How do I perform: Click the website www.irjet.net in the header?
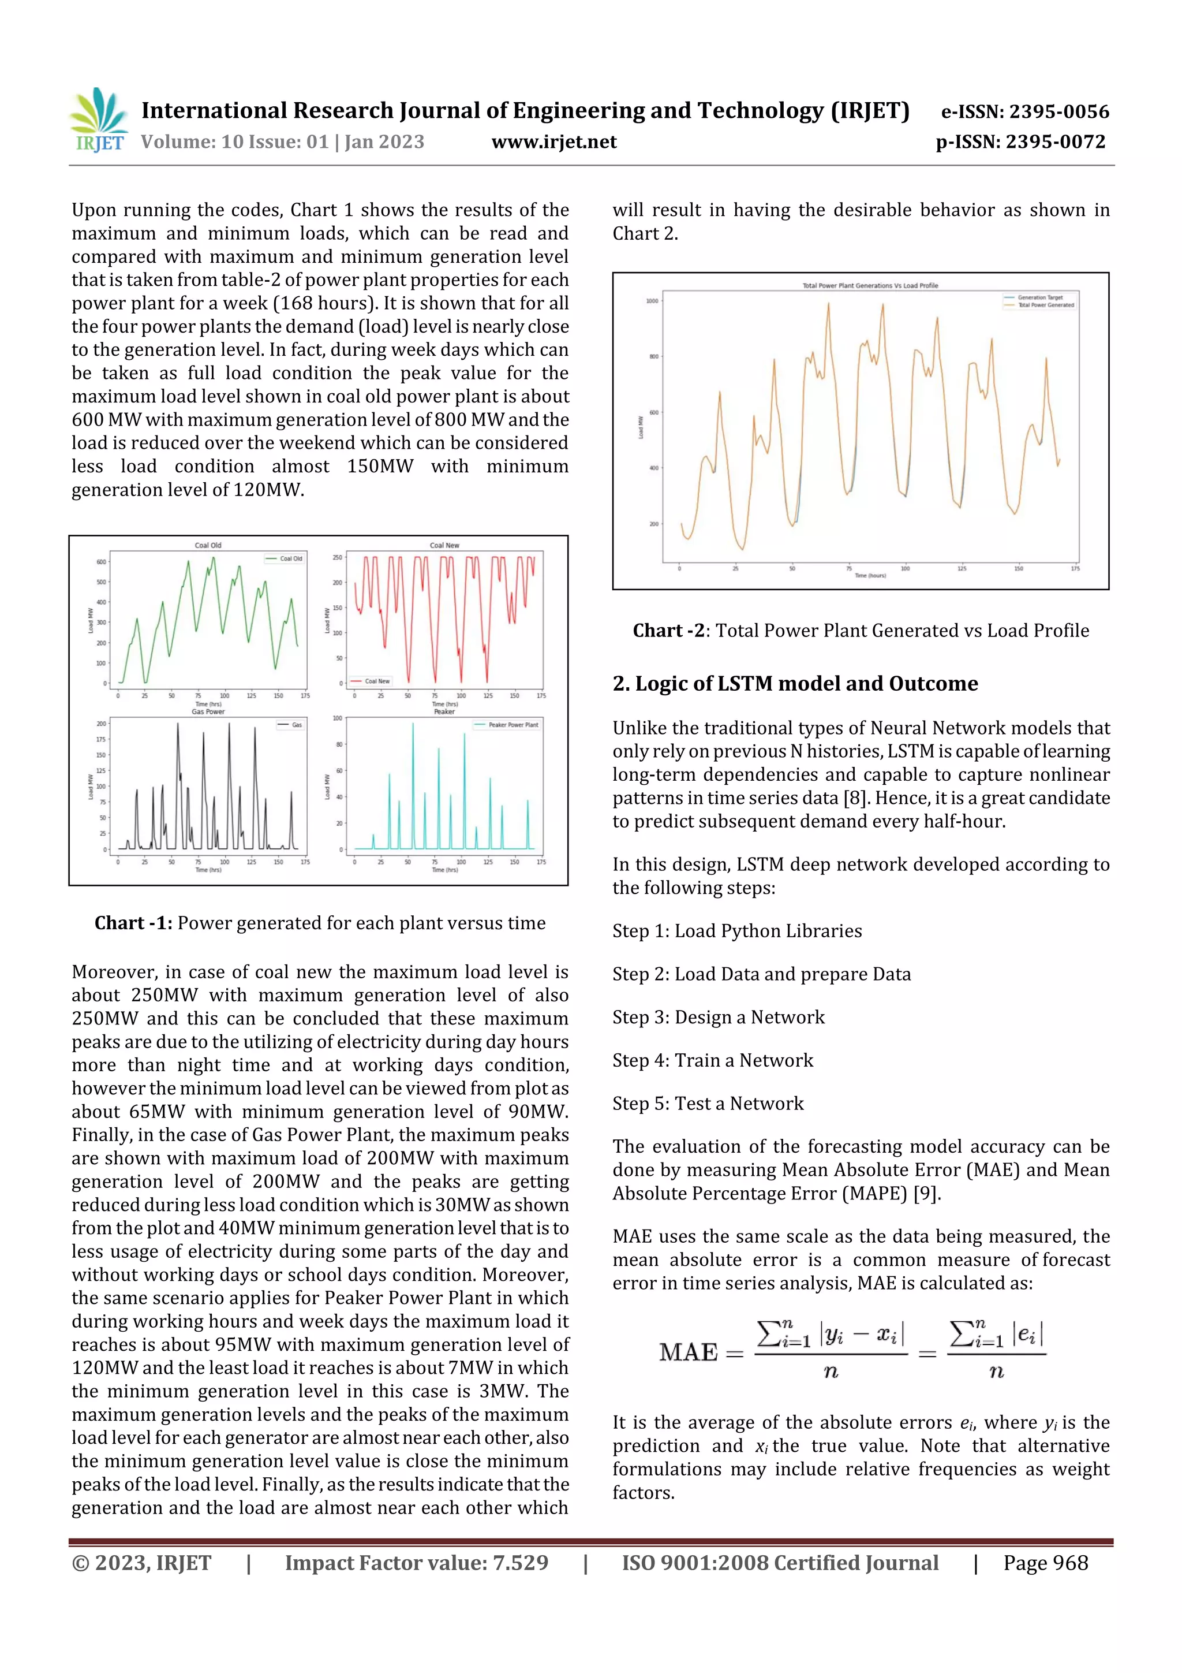pyautogui.click(x=553, y=142)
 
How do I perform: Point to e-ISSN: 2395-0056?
pyautogui.click(x=1024, y=111)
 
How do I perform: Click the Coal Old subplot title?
pyautogui.click(x=208, y=545)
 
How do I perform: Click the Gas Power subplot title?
pyautogui.click(x=208, y=712)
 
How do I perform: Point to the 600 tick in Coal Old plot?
pyautogui.click(x=100, y=562)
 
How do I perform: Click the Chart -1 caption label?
pyautogui.click(x=133, y=923)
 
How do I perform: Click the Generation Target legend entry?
pyautogui.click(x=1040, y=297)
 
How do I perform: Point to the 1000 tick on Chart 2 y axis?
pyautogui.click(x=651, y=301)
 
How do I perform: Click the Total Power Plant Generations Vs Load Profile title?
pyautogui.click(x=870, y=286)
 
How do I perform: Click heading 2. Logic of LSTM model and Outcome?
pyautogui.click(x=795, y=684)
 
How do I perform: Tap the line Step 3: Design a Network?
pyautogui.click(x=718, y=1017)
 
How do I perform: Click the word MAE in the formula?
pyautogui.click(x=688, y=1352)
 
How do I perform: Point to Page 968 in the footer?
pyautogui.click(x=1045, y=1563)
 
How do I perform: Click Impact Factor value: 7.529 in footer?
pyautogui.click(x=416, y=1563)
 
